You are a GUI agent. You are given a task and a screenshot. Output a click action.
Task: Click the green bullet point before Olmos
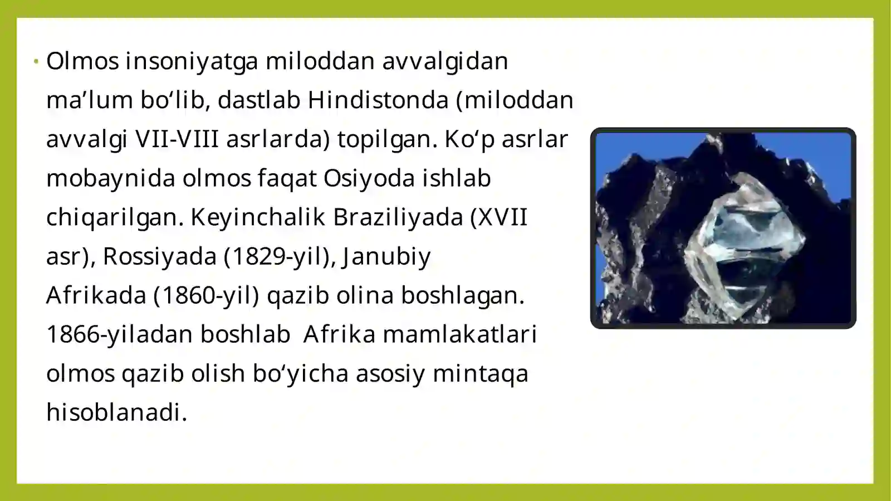pyautogui.click(x=36, y=61)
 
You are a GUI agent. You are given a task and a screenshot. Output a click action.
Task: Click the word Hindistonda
pyautogui.click(x=378, y=100)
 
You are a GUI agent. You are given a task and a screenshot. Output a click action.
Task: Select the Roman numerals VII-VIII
pyautogui.click(x=177, y=139)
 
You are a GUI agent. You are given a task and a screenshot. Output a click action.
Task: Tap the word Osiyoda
pyautogui.click(x=369, y=178)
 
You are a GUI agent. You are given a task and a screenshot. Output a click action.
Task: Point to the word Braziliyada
pyautogui.click(x=398, y=217)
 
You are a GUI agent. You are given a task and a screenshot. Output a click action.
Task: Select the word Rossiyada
pyautogui.click(x=159, y=256)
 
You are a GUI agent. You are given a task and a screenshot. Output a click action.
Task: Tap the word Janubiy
pyautogui.click(x=386, y=256)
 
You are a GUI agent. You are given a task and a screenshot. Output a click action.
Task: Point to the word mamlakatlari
pyautogui.click(x=459, y=334)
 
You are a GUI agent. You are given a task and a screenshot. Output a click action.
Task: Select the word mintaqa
pyautogui.click(x=480, y=373)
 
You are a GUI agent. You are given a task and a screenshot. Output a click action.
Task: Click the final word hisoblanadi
pyautogui.click(x=116, y=412)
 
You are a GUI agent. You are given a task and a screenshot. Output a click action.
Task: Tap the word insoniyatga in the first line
pyautogui.click(x=192, y=61)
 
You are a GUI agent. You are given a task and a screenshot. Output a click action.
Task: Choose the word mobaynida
pyautogui.click(x=110, y=178)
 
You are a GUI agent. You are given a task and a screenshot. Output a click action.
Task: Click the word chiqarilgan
pyautogui.click(x=114, y=217)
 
